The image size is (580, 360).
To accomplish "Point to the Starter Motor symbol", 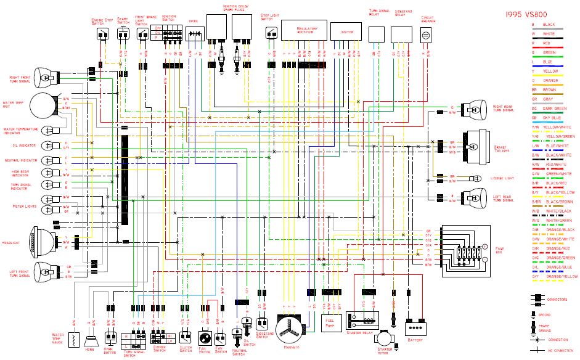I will tap(385, 339).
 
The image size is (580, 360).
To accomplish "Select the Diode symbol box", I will tap(194, 36).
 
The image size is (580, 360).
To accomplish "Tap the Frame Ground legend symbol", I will tap(534, 327).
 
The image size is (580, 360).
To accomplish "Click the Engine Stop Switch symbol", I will tap(100, 35).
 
